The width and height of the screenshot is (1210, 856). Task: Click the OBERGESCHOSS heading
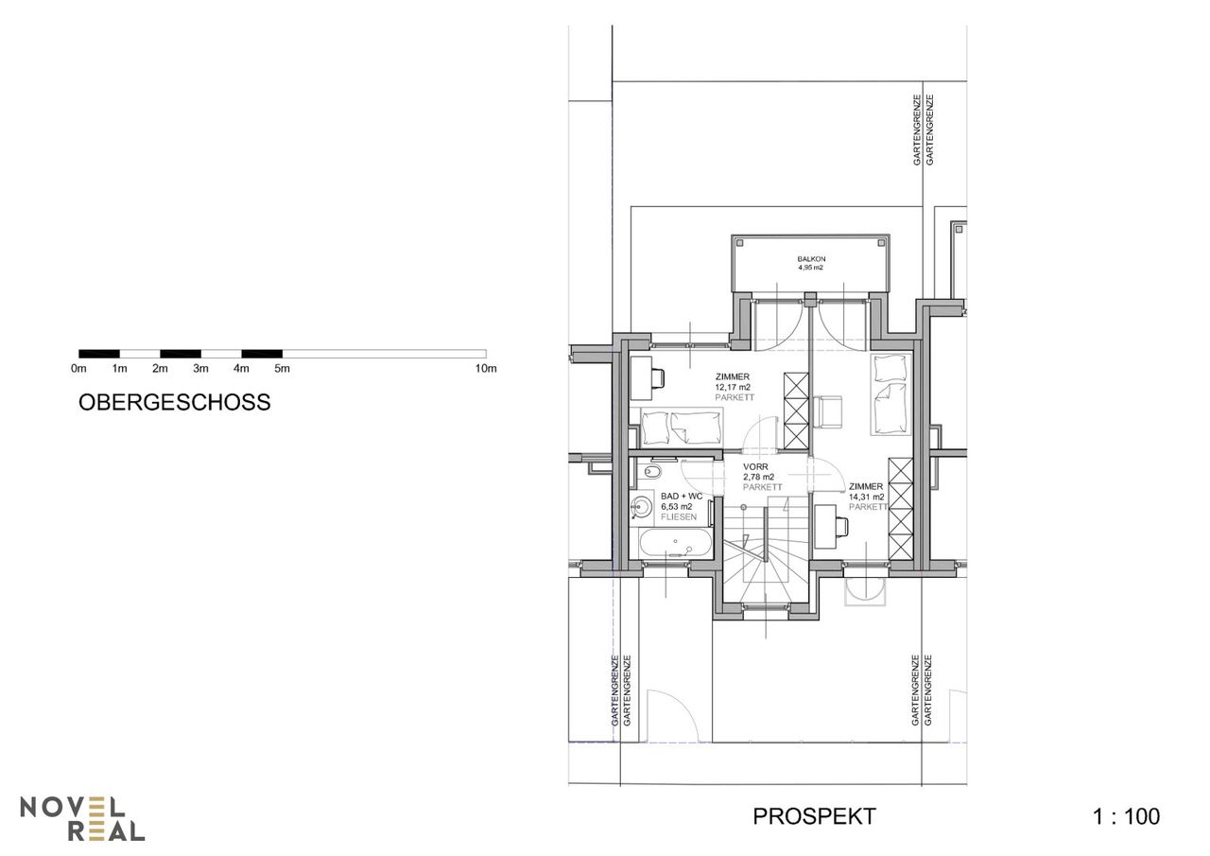pos(175,403)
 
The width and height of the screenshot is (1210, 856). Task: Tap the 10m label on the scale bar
pos(486,369)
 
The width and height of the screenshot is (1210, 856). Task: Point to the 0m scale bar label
pos(78,369)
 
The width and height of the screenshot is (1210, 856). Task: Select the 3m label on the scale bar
pos(200,369)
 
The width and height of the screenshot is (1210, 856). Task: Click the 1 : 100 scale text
pos(1126,816)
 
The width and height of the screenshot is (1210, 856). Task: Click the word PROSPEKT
pos(814,816)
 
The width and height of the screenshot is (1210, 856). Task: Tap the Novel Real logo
pos(82,818)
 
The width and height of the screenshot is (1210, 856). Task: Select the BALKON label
pos(811,259)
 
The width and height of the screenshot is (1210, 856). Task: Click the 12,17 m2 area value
pos(733,388)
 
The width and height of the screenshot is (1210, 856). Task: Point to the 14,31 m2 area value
pos(867,497)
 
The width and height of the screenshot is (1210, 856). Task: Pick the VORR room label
pos(755,467)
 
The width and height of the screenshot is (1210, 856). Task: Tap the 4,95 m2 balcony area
pos(811,268)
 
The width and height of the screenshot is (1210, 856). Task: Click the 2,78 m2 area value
pos(758,477)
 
